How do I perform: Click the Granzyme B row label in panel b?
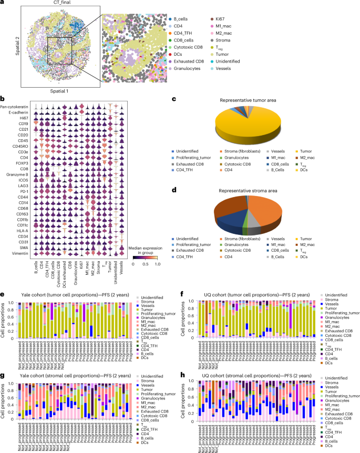(x=18, y=178)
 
